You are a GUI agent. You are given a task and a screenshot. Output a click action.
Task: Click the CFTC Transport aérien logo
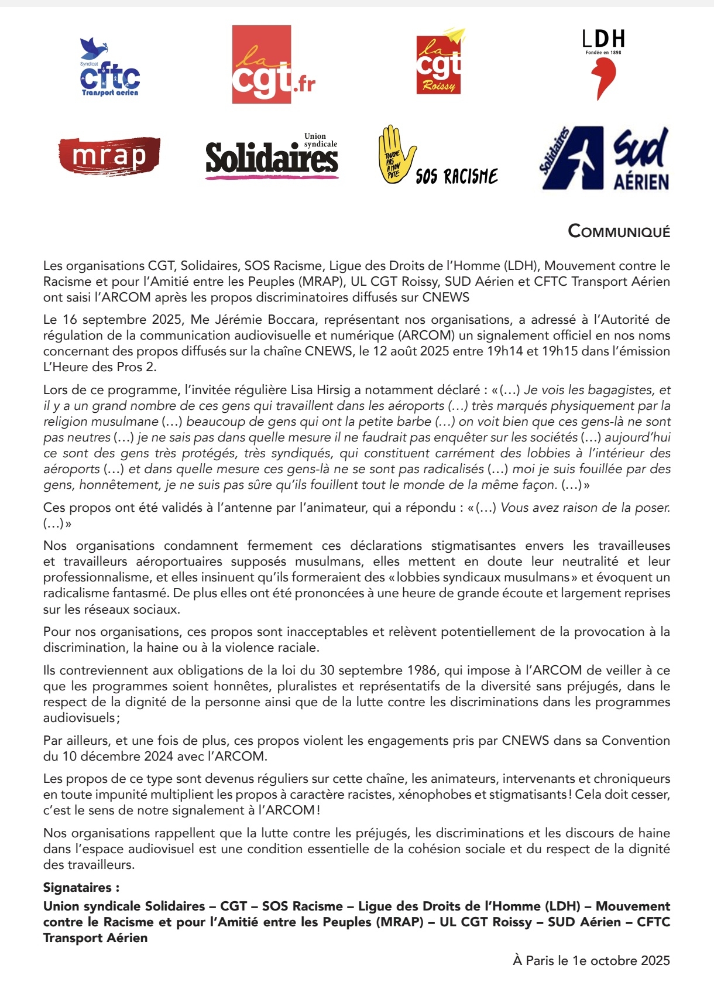110,67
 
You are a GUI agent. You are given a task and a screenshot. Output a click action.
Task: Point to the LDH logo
603,65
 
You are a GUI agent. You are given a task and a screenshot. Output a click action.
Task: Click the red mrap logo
109,156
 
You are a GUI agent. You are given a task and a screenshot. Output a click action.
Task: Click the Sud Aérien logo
604,158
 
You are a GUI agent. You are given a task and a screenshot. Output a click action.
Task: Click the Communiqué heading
619,231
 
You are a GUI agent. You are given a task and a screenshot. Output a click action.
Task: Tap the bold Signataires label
81,888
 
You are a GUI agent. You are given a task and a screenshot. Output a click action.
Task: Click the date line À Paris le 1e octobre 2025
591,960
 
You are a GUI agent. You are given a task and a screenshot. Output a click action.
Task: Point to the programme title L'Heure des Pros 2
99,367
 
